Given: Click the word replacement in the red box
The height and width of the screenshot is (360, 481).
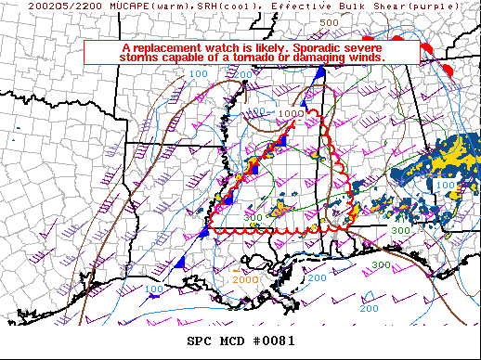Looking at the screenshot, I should click(x=168, y=47).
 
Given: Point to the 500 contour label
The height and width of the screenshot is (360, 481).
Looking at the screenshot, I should click(x=329, y=21).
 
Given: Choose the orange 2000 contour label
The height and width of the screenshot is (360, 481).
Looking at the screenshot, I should click(x=246, y=279).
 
